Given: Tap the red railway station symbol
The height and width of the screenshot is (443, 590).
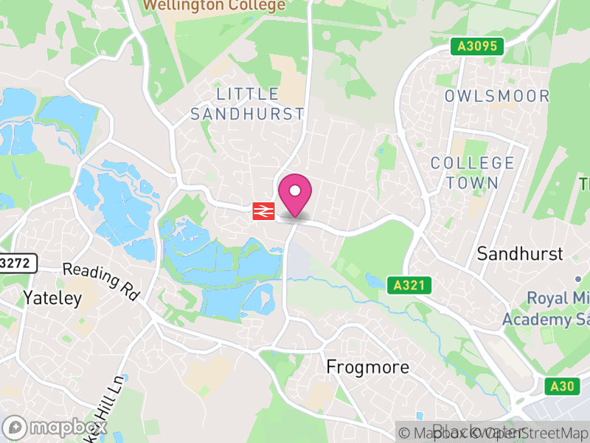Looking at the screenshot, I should pyautogui.click(x=263, y=211).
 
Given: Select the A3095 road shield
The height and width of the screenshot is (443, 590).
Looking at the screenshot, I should pyautogui.click(x=477, y=47).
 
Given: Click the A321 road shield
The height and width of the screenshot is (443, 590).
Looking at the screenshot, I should pyautogui.click(x=408, y=285).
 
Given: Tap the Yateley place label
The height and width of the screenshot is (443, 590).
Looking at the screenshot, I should pyautogui.click(x=51, y=298).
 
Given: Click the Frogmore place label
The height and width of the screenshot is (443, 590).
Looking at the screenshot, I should pyautogui.click(x=367, y=367).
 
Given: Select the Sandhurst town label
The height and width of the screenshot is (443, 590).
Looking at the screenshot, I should pyautogui.click(x=519, y=254).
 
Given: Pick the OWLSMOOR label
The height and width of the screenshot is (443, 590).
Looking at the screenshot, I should pyautogui.click(x=496, y=96).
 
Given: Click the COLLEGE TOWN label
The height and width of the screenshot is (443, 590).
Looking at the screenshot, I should pyautogui.click(x=472, y=173).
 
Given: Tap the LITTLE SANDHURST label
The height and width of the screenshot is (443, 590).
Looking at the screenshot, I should pyautogui.click(x=247, y=104).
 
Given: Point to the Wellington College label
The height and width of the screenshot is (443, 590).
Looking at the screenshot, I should pyautogui.click(x=214, y=6).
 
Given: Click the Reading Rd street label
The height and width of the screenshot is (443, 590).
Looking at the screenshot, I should pyautogui.click(x=101, y=281).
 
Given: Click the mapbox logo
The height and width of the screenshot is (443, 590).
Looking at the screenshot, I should pyautogui.click(x=55, y=427).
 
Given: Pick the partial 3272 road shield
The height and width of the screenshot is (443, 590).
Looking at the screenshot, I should pyautogui.click(x=16, y=262).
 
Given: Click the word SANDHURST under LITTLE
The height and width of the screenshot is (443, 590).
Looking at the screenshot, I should pyautogui.click(x=247, y=114).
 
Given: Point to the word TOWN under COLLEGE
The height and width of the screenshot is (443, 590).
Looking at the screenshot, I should pyautogui.click(x=472, y=182).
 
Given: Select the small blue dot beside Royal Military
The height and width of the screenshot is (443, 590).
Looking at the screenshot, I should pyautogui.click(x=579, y=279).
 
